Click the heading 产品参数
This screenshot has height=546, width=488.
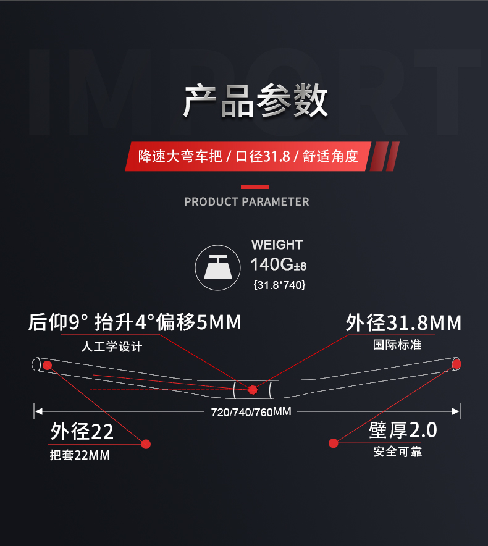pos(255,101)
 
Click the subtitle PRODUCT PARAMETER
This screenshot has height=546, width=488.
pos(246,202)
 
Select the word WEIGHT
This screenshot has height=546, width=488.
pos(277,245)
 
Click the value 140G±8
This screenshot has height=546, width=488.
pos(278,265)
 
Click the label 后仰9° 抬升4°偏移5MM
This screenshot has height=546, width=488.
pos(135,322)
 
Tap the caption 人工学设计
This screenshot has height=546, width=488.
pos(112,346)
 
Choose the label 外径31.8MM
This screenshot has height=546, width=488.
pos(403,322)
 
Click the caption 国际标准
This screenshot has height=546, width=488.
pos(397,345)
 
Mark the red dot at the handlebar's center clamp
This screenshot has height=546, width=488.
pos(252,390)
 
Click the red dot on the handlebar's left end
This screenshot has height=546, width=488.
pos(47,365)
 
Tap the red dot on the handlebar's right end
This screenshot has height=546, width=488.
pos(456,364)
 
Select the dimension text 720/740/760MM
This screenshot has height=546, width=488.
pos(251,412)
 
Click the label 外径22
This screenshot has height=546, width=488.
pos(82,431)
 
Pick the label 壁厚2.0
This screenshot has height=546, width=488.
pos(403,430)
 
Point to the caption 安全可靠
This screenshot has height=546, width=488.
pos(397,452)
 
